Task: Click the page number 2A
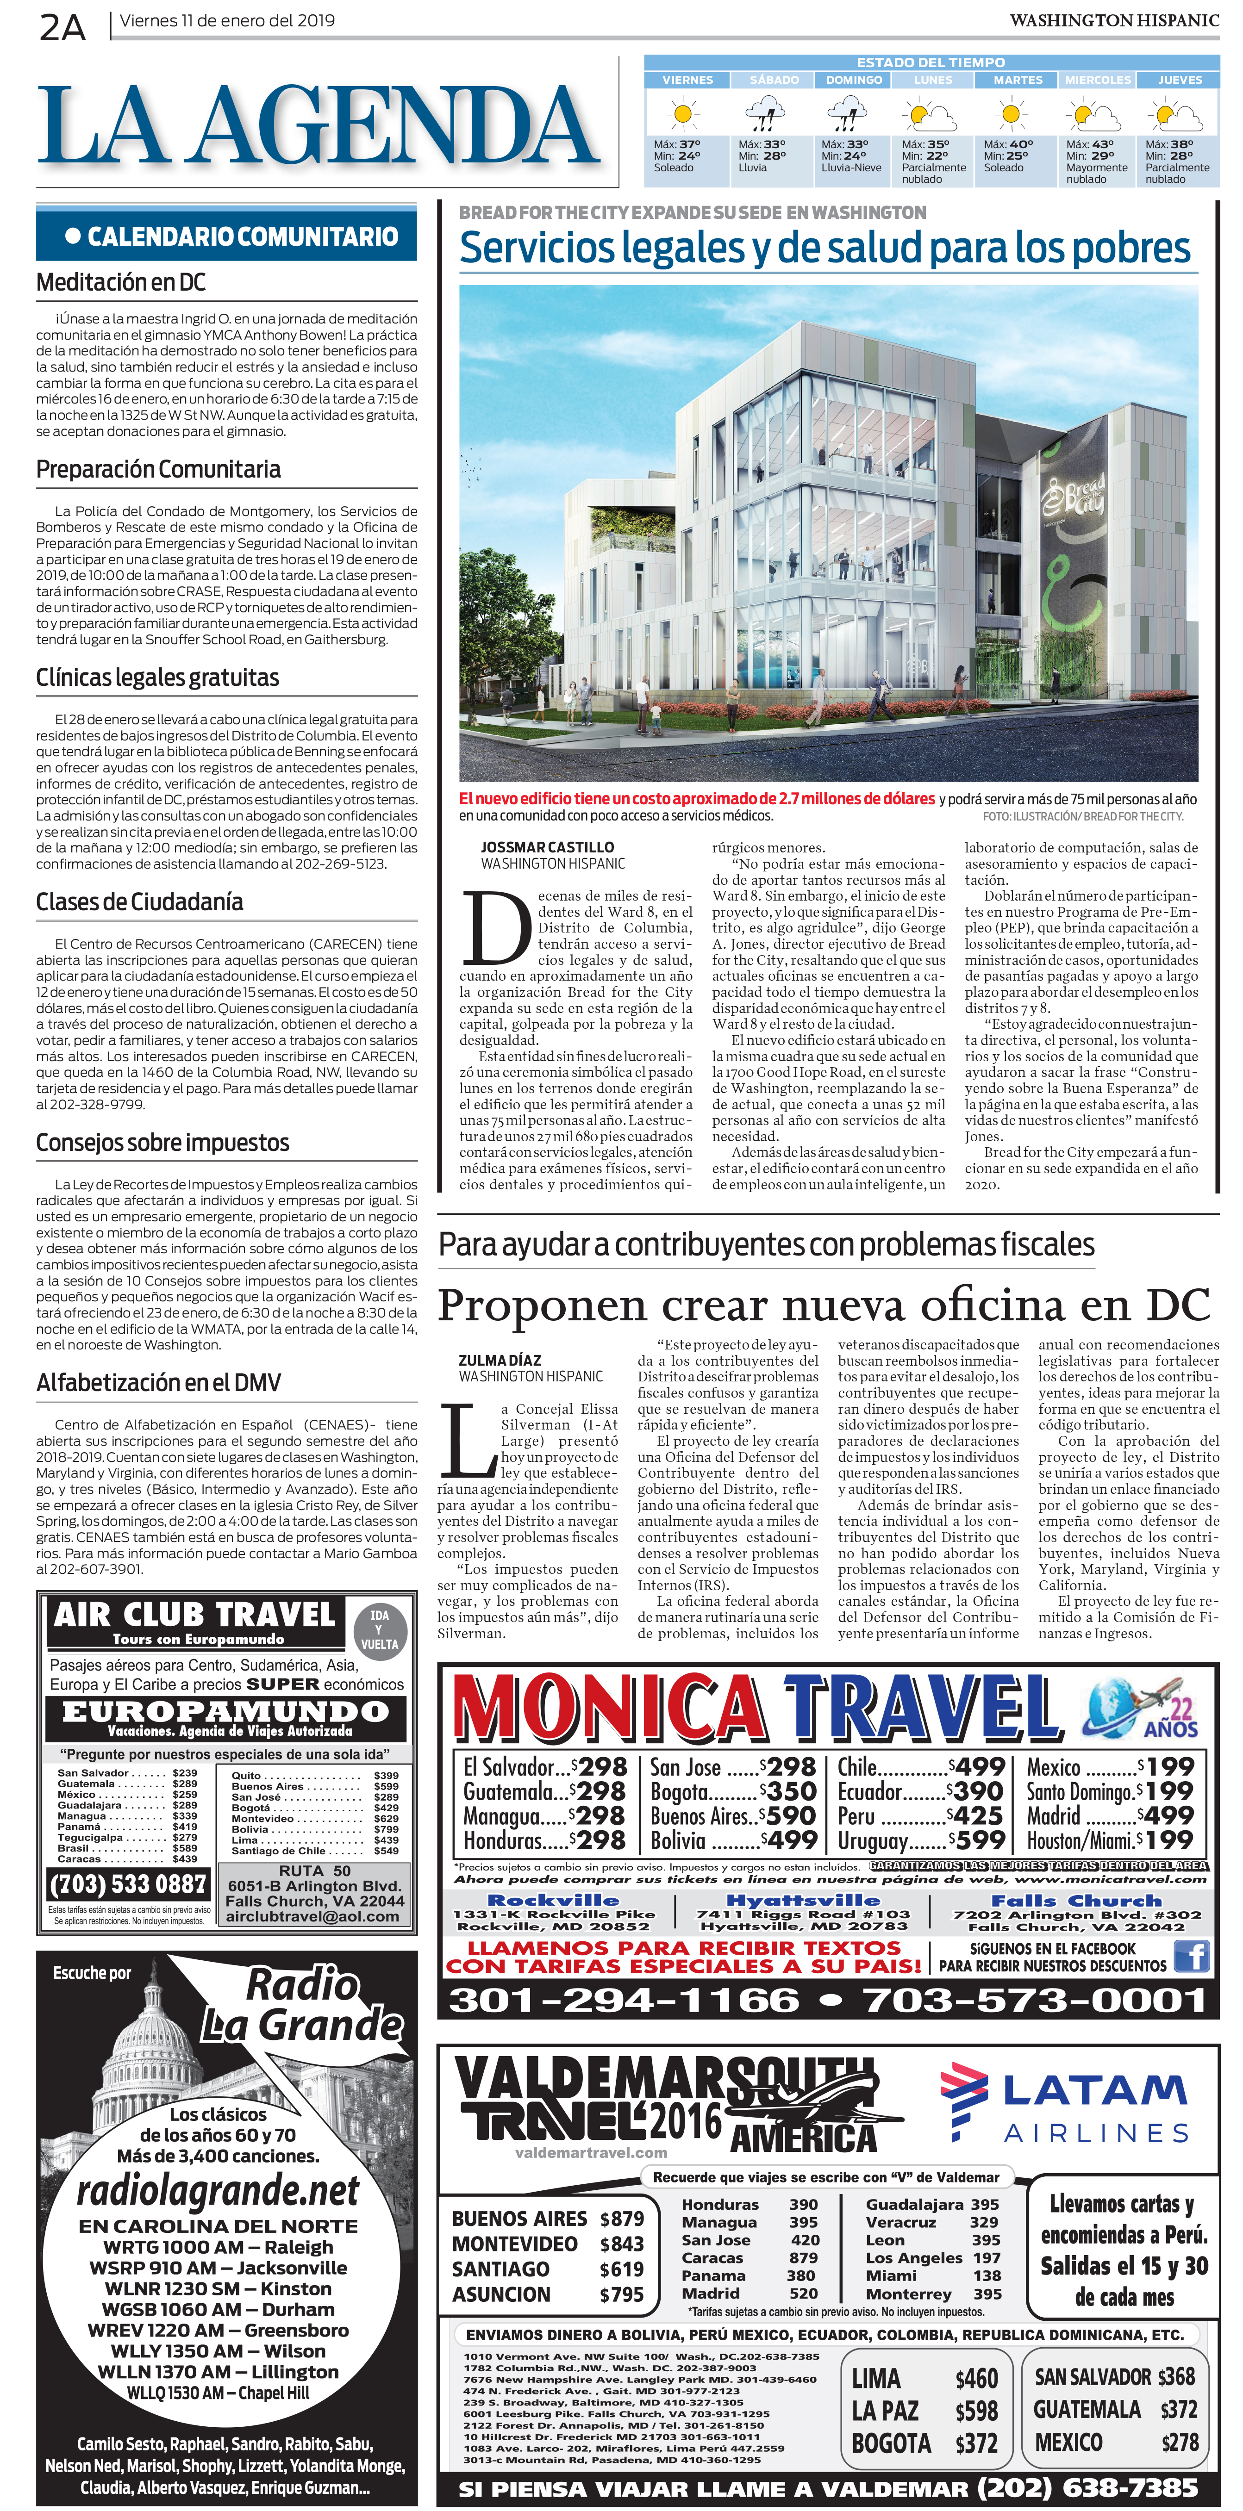(62, 27)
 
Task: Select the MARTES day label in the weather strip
(1017, 80)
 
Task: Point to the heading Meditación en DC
(121, 283)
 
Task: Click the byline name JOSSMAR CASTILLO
(547, 847)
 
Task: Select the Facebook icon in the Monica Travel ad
(1191, 1956)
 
